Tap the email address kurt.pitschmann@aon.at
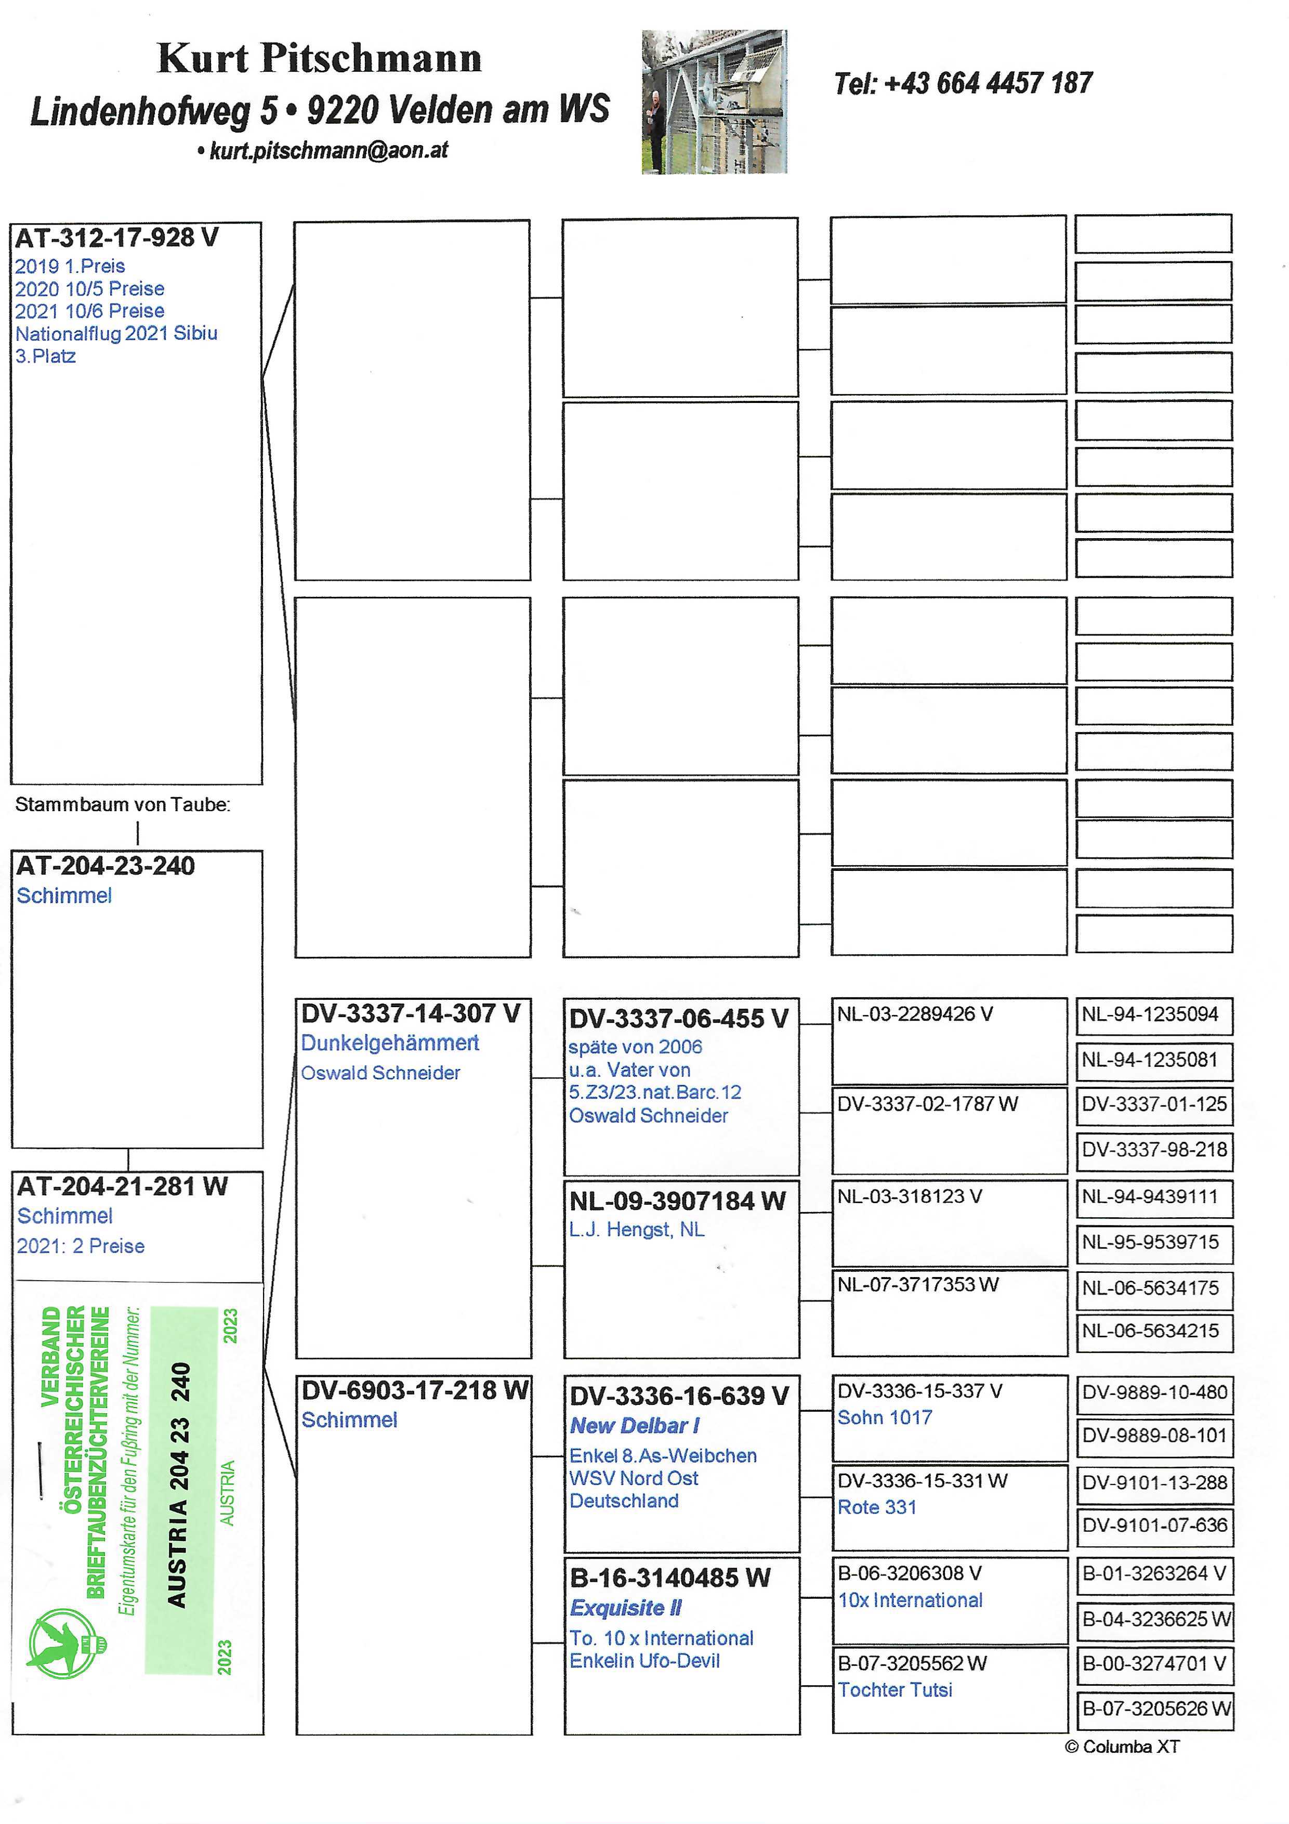tap(328, 150)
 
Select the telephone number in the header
tap(963, 83)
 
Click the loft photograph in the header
tap(714, 102)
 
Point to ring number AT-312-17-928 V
tap(117, 238)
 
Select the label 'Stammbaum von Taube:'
tap(122, 805)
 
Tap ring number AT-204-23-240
tap(106, 866)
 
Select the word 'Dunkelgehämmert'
tap(389, 1043)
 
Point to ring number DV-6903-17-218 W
tap(414, 1390)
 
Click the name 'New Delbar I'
tap(635, 1426)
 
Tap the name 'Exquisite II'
tap(626, 1608)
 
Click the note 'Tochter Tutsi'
tap(895, 1690)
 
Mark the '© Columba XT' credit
tap(1122, 1747)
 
